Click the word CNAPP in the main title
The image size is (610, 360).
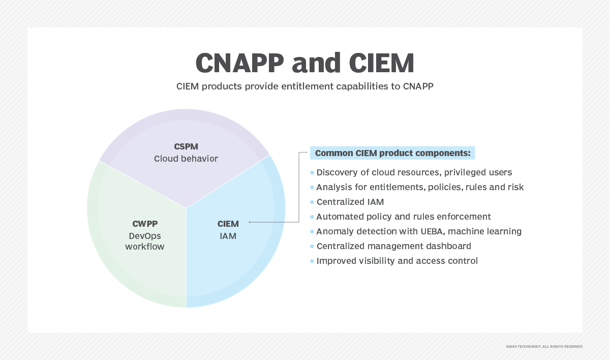point(238,64)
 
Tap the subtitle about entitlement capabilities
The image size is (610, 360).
point(304,86)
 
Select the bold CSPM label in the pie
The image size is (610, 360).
point(186,147)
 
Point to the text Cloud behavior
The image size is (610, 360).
point(186,159)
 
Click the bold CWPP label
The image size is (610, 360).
point(145,224)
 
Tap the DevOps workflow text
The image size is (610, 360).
point(145,241)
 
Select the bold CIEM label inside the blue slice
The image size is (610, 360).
point(228,224)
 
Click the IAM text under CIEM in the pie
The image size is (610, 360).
point(228,236)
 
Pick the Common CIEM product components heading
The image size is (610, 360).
point(392,153)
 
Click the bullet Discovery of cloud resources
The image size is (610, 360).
point(414,172)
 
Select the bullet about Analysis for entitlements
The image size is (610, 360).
point(419,187)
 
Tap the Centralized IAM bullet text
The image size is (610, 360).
point(350,202)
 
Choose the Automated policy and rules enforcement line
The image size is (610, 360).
point(403,217)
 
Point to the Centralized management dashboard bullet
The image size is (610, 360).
point(393,246)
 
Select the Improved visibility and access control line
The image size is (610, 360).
point(396,261)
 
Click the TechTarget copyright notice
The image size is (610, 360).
point(544,346)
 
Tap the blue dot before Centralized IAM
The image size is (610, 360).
point(312,202)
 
